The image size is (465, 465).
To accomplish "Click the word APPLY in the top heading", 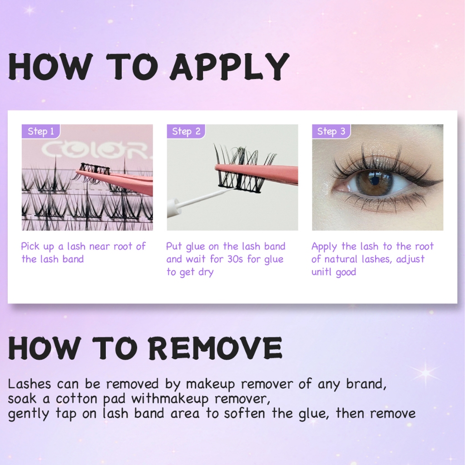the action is [229, 67].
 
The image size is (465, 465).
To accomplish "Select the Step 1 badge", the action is [41, 131].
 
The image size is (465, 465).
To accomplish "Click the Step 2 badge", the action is [186, 131].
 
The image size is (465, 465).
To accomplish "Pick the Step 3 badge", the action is [331, 131].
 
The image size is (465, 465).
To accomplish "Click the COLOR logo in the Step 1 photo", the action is [96, 150].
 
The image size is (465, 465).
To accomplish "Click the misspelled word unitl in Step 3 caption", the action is [321, 272].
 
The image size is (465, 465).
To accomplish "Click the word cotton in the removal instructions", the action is [76, 399].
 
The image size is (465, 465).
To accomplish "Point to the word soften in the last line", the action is [244, 413].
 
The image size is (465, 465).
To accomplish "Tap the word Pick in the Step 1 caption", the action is [30, 247].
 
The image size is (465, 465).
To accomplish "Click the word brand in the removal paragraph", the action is [366, 384].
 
